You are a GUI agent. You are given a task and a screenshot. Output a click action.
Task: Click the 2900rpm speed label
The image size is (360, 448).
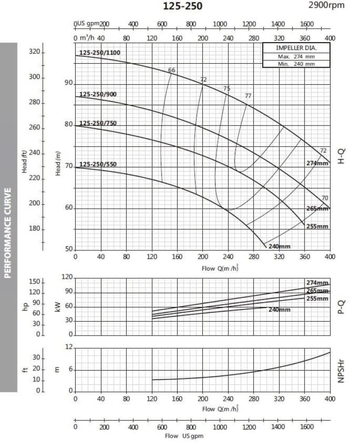pyautogui.click(x=327, y=5)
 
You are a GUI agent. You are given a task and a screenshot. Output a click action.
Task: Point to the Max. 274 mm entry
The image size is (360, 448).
pyautogui.click(x=296, y=56)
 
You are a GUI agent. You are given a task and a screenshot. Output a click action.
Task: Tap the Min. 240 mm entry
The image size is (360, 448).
pyautogui.click(x=296, y=64)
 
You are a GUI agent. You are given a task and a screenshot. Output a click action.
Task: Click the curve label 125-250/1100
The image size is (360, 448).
pyautogui.click(x=99, y=52)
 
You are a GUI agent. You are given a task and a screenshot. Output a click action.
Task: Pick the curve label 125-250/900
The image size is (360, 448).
pyautogui.click(x=98, y=94)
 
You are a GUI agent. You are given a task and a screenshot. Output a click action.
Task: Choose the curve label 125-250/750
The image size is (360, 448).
pyautogui.click(x=98, y=123)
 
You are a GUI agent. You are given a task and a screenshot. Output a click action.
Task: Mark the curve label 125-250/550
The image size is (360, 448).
pyautogui.click(x=98, y=164)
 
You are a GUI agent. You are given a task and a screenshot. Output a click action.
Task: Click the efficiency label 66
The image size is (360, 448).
pyautogui.click(x=171, y=70)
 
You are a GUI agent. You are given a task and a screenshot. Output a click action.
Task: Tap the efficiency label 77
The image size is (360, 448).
pyautogui.click(x=248, y=96)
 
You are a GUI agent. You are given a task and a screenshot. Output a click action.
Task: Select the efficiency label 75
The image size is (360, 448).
pyautogui.click(x=227, y=88)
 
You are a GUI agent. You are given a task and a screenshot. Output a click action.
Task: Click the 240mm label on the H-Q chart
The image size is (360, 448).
pyautogui.click(x=279, y=246)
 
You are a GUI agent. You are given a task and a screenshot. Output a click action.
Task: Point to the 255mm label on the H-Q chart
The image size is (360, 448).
pyautogui.click(x=317, y=226)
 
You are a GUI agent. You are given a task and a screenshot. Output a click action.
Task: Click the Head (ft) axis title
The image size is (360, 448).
pyautogui.click(x=25, y=162)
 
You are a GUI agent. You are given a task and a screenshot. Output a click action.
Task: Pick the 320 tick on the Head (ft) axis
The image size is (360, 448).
pyautogui.click(x=35, y=52)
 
